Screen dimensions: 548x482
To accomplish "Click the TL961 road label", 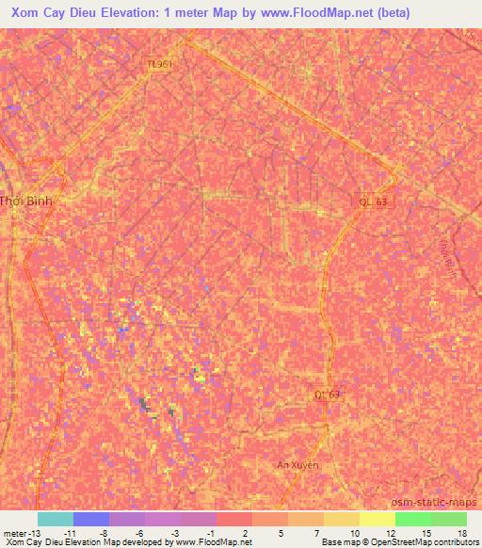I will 159,64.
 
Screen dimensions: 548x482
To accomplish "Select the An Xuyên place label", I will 298,465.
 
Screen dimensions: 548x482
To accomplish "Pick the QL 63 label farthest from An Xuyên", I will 373,201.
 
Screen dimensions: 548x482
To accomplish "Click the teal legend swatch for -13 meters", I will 56,519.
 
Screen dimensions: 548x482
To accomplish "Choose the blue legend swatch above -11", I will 91,519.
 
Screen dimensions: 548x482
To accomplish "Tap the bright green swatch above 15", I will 413,519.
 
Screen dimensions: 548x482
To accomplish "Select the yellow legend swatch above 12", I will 378,519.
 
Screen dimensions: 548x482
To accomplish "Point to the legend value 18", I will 461,532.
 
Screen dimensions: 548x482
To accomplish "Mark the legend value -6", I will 138,532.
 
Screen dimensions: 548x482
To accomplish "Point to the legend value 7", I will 317,532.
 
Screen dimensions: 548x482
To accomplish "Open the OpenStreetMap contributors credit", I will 429,542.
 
